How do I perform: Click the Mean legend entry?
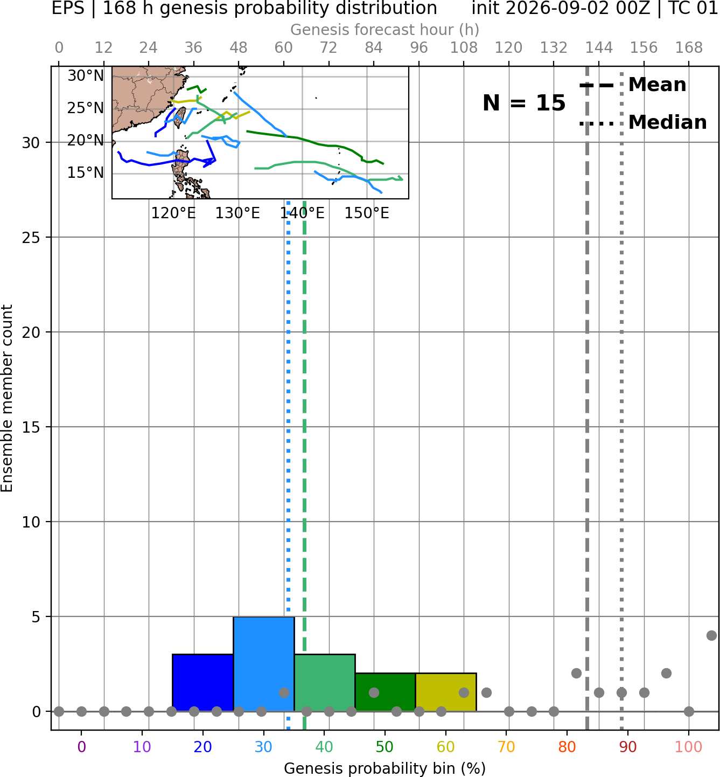[632, 85]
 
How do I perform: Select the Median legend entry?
[643, 123]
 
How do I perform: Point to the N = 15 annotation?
[524, 103]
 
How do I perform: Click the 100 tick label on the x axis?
[689, 747]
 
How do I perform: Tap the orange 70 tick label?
[506, 747]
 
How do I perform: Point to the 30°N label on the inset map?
[86, 76]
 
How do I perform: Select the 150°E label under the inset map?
[367, 213]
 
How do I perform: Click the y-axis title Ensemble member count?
[6, 398]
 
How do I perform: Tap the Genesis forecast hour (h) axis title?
[385, 30]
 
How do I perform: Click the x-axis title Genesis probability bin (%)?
[385, 768]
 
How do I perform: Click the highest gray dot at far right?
[711, 636]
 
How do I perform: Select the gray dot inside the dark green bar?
[374, 692]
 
